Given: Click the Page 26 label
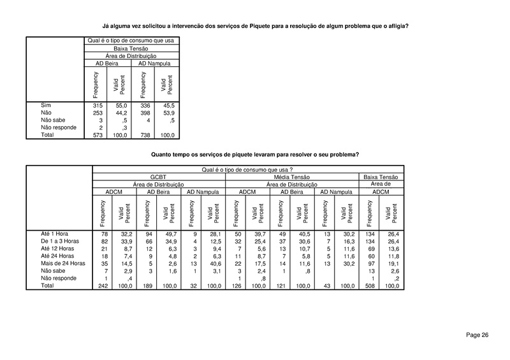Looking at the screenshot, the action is click(x=477, y=335).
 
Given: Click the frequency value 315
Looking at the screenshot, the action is click(x=98, y=104).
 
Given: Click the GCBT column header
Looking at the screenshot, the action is click(x=158, y=177).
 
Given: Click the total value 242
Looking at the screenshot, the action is click(x=101, y=286).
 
